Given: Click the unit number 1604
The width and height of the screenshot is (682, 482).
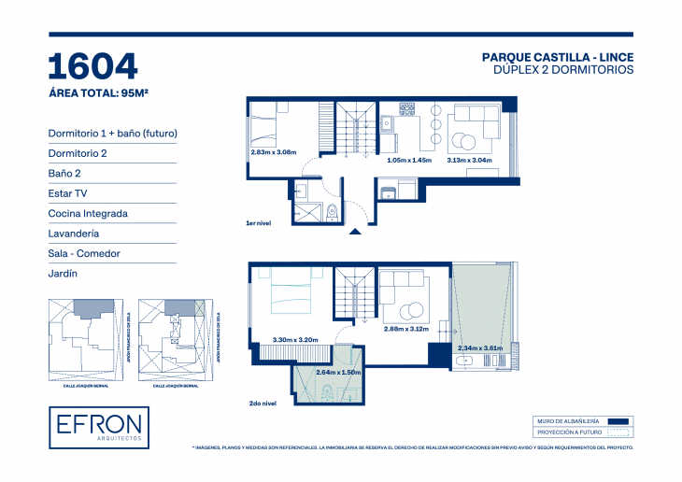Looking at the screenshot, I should click(x=92, y=66).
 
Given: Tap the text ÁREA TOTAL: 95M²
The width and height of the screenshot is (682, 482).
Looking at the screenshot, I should click(x=100, y=92).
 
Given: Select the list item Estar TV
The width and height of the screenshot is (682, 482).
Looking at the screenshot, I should click(x=69, y=193).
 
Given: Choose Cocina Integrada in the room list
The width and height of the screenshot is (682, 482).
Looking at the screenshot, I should click(x=88, y=213).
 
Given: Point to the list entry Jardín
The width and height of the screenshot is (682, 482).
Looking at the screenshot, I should click(x=62, y=274).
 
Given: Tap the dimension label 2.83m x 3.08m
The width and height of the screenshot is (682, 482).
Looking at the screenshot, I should click(x=273, y=152).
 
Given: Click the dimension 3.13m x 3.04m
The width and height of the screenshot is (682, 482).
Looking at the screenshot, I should click(x=470, y=160).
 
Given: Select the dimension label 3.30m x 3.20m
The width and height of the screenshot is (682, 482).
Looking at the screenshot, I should click(x=295, y=339).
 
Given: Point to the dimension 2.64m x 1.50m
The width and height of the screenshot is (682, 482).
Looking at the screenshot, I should click(x=337, y=372).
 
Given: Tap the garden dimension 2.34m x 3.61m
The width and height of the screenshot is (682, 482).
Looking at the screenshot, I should click(x=480, y=348).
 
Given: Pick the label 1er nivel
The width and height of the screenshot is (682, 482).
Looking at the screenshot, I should click(x=258, y=225).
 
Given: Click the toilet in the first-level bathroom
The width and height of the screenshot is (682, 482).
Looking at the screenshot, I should click(x=332, y=210).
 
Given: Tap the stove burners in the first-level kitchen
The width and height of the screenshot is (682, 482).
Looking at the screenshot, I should click(x=407, y=109).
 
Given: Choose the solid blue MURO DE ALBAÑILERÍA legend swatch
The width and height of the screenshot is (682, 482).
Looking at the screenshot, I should click(x=617, y=421).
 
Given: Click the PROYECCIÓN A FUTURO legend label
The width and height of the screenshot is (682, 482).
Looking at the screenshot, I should click(x=567, y=432).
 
